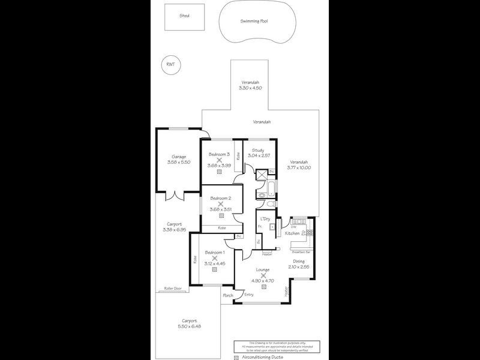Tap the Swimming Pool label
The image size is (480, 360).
click(254, 20)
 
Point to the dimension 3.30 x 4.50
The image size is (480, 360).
click(250, 88)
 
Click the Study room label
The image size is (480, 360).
click(258, 150)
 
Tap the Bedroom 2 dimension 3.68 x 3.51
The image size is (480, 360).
click(220, 209)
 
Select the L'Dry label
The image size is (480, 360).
click(265, 219)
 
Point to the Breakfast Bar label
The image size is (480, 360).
click(301, 253)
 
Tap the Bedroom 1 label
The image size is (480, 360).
click(214, 253)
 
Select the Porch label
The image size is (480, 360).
click(228, 295)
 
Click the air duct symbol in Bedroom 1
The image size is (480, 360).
click(214, 271)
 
